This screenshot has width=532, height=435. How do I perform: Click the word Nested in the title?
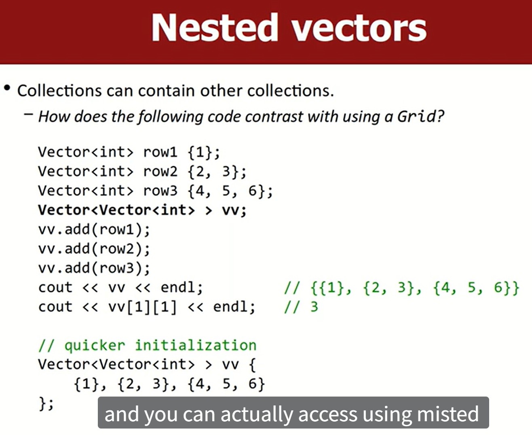click(215, 28)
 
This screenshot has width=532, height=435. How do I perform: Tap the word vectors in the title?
click(359, 29)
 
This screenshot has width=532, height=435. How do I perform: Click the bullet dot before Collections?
click(7, 88)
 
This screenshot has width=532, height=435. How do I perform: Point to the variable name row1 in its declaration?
click(160, 152)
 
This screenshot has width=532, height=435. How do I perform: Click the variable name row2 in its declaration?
click(160, 172)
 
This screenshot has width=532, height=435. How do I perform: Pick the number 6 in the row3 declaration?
click(253, 191)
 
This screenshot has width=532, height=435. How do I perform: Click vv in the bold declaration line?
click(230, 210)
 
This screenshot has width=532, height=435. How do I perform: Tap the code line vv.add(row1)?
click(94, 230)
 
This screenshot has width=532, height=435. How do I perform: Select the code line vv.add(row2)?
click(94, 249)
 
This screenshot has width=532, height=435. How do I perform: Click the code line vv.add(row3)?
click(94, 268)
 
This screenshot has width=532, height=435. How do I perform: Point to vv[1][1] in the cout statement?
click(143, 307)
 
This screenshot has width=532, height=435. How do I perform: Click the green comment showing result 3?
click(301, 307)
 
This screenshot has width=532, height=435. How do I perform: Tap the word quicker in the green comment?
click(95, 346)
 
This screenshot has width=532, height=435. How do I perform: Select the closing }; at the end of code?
click(46, 403)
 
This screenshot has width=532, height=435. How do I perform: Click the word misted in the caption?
click(448, 414)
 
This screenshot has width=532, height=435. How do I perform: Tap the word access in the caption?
click(328, 414)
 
